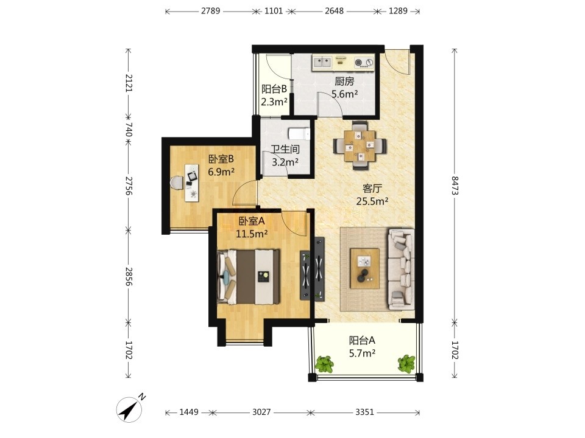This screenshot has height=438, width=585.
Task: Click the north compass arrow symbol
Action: (129, 409)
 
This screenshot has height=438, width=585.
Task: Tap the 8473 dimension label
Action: (455, 185)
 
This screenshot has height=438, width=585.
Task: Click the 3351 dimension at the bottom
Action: (364, 412)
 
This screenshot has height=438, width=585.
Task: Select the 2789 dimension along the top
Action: (210, 11)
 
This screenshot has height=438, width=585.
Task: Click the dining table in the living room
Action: (360, 145)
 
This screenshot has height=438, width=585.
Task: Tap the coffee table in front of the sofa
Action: (364, 268)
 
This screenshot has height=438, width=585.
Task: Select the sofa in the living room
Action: (401, 269)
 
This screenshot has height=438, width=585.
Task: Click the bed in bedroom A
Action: (249, 276)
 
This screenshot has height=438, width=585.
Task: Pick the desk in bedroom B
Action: (192, 182)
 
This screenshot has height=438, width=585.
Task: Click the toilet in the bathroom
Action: (299, 133)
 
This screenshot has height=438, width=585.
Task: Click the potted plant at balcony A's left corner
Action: (324, 364)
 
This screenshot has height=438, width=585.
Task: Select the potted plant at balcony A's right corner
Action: (406, 364)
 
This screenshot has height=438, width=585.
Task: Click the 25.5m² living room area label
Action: (372, 201)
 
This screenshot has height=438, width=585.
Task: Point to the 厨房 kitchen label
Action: (344, 81)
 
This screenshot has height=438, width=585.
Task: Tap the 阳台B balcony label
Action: (274, 89)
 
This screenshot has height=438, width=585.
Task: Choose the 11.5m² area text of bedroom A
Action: (252, 234)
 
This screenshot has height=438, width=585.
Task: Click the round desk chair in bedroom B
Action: (177, 182)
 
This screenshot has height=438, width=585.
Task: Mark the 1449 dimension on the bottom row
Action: (189, 412)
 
